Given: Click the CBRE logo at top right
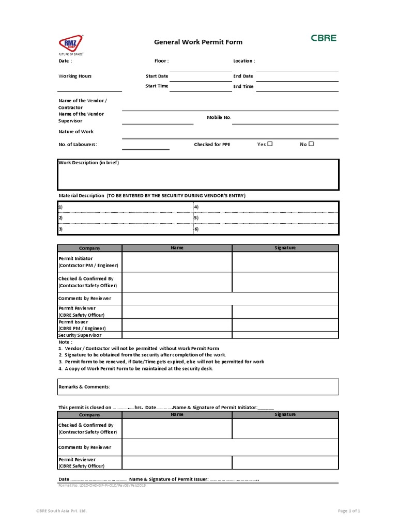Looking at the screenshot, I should click(324, 38).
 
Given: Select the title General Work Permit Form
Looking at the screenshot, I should click(198, 42).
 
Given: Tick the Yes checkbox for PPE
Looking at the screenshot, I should click(270, 144).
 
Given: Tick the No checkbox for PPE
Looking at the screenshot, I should click(311, 144).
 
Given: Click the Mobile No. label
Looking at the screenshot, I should click(219, 118).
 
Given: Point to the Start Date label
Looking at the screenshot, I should click(157, 76).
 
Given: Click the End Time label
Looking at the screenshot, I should click(243, 86).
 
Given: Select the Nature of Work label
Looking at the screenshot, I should click(76, 132).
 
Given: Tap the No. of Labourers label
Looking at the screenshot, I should click(78, 145).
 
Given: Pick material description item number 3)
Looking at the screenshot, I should click(60, 229).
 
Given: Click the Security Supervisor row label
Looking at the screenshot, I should click(80, 335).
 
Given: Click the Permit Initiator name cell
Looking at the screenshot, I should click(177, 262).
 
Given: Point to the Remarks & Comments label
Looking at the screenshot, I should click(84, 386).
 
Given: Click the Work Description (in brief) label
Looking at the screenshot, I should click(88, 163).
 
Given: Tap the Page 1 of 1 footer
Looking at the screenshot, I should click(349, 511).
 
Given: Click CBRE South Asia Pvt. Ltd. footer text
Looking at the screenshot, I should click(62, 511).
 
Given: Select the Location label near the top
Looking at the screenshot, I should click(244, 61).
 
